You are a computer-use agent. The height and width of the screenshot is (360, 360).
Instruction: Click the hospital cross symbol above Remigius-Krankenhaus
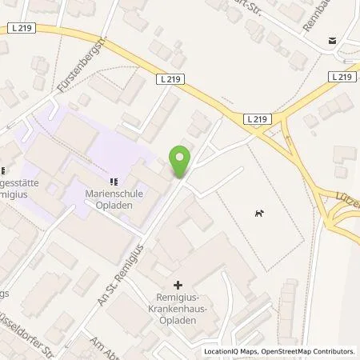pyautogui.click(x=178, y=284)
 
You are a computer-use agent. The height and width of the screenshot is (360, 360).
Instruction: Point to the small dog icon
pyautogui.click(x=258, y=213)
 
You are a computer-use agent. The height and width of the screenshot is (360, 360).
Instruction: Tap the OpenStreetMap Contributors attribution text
pyautogui.click(x=308, y=351)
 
